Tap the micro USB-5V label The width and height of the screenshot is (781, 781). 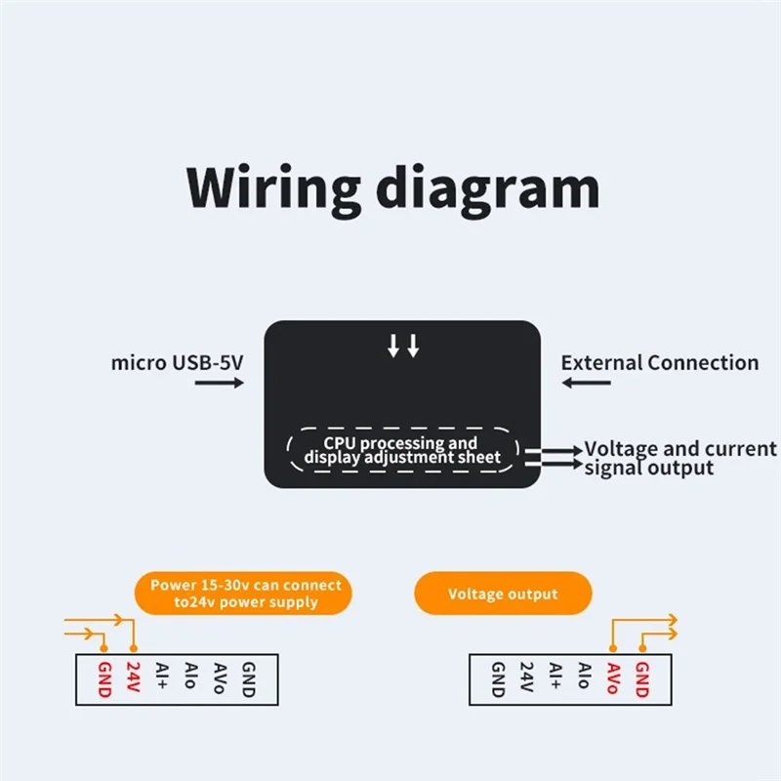tap(177, 363)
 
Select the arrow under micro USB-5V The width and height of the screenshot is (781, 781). tap(219, 384)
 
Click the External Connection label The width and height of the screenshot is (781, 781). tap(659, 363)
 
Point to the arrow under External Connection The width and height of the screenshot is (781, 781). tap(586, 384)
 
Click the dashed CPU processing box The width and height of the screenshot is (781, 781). tap(402, 450)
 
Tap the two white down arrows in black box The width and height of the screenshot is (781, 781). tap(402, 346)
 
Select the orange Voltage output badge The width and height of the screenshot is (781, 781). tap(503, 594)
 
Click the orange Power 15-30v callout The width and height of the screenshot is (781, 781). tap(245, 594)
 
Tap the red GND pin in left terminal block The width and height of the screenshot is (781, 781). tap(104, 678)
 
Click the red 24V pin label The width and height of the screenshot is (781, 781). tap(134, 678)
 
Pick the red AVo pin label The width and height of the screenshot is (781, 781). tap(613, 678)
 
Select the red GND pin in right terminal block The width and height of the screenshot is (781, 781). tap(641, 678)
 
